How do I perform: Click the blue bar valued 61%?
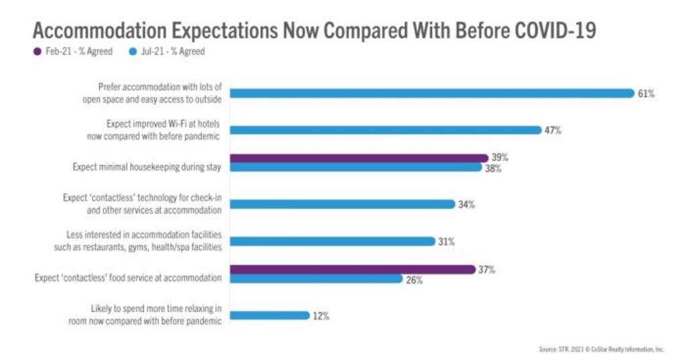431,93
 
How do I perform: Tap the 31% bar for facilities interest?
332,241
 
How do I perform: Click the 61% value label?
646,94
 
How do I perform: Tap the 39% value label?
500,158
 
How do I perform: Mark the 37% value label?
487,269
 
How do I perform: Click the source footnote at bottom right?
601,349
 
